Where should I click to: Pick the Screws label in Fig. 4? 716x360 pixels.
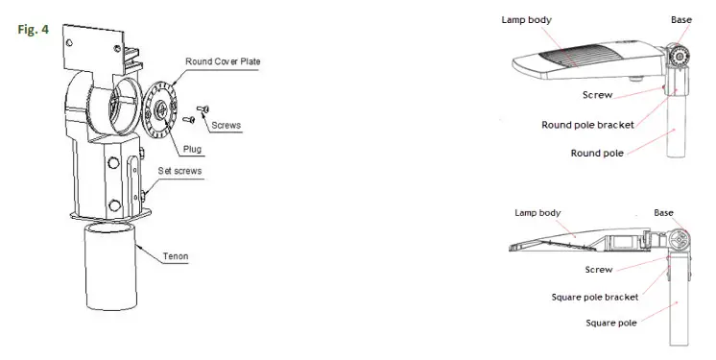pos(225,126)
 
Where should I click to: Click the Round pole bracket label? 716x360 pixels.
pos(586,125)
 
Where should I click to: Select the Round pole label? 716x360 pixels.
pos(599,153)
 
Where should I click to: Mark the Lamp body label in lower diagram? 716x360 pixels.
pos(538,212)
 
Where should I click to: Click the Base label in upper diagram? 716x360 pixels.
pos(681,20)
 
